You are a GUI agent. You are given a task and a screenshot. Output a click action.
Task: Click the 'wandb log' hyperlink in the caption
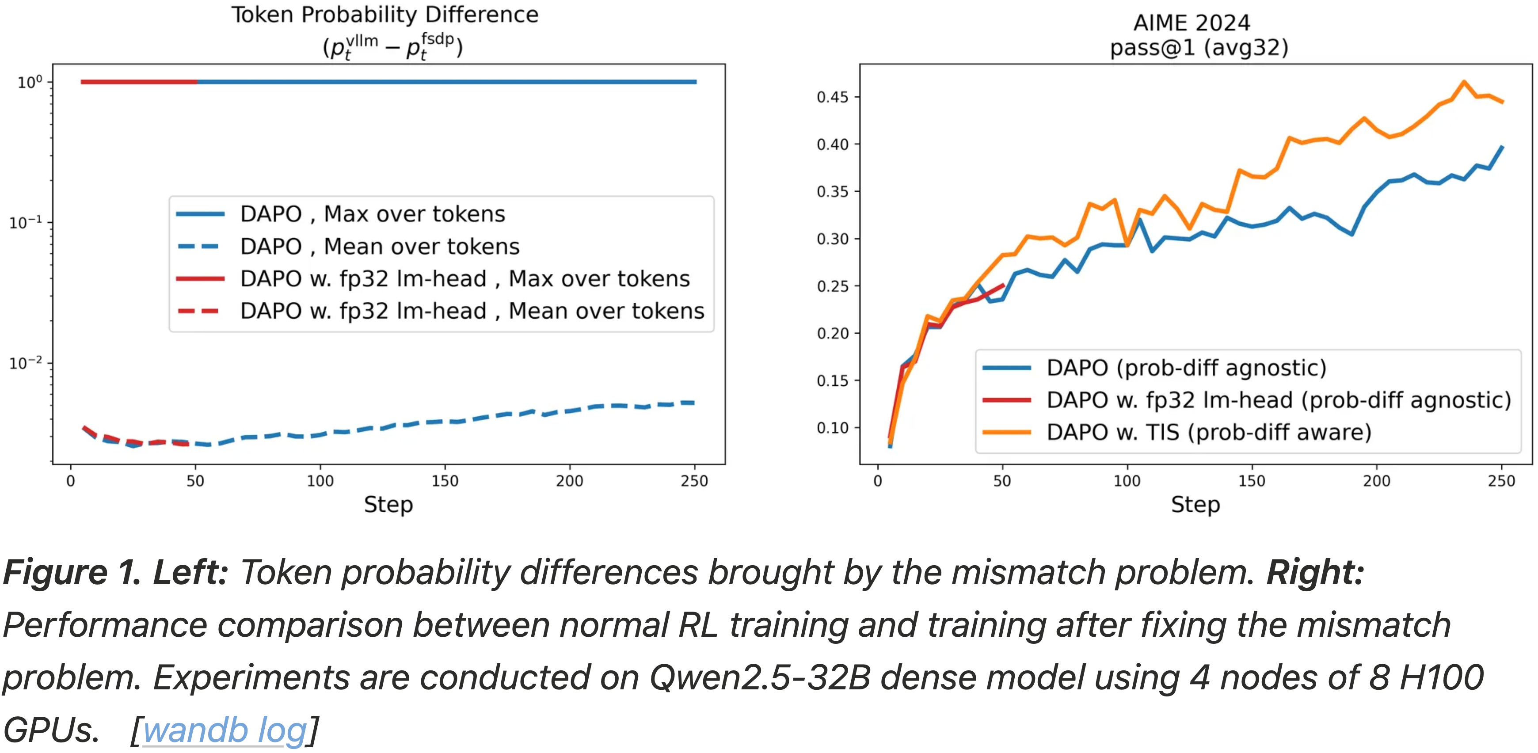(225, 730)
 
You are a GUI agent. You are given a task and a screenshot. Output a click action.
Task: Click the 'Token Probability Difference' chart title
(384, 15)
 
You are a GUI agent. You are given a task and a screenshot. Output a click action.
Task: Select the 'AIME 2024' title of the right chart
(1191, 23)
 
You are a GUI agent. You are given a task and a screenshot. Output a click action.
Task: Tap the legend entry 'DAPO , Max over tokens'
(372, 214)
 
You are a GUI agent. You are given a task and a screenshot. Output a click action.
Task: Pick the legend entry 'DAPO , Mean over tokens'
(379, 246)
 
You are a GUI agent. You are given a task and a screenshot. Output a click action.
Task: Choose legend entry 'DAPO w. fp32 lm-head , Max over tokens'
(464, 278)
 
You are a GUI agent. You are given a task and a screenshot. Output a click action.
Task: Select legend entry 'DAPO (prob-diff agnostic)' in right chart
(1186, 367)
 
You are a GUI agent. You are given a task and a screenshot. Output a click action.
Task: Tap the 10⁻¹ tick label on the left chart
(25, 223)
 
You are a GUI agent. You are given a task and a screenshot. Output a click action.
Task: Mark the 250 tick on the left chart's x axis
(694, 481)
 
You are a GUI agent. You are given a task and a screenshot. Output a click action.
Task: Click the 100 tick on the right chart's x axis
(1127, 481)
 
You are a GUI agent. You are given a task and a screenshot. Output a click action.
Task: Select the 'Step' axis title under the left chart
(388, 505)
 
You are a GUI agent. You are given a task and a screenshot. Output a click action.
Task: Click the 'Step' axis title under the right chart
(1195, 505)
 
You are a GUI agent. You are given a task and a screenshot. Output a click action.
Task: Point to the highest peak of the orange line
(1464, 82)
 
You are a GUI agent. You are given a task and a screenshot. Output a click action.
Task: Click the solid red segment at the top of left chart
(138, 82)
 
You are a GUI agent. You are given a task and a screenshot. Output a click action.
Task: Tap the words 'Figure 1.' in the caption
(72, 572)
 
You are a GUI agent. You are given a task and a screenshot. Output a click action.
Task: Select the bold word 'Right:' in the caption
(1315, 572)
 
